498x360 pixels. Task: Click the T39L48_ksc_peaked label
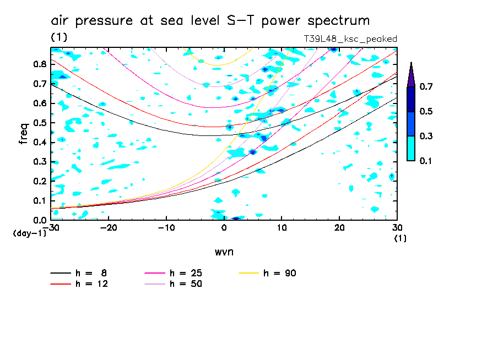click(350, 39)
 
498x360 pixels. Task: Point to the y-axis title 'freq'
click(24, 134)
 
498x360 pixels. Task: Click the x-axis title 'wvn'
click(224, 252)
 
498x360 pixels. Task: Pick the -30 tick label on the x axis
click(53, 228)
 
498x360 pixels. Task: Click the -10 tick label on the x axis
click(166, 228)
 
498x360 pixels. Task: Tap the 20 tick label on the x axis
click(339, 228)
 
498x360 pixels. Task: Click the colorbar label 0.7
click(426, 87)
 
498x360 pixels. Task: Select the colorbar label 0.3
click(426, 136)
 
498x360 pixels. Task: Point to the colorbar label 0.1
click(426, 161)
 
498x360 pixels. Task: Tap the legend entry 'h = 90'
click(281, 273)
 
